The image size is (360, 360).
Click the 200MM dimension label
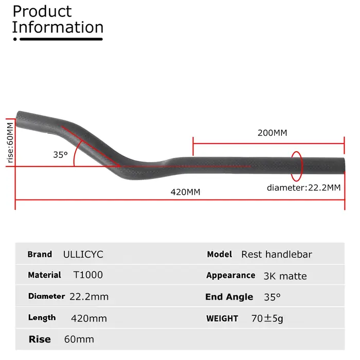pyautogui.click(x=272, y=133)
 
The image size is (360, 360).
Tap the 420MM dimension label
pyautogui.click(x=185, y=192)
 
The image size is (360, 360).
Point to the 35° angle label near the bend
pyautogui.click(x=60, y=155)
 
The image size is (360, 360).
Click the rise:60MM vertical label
pyautogui.click(x=10, y=142)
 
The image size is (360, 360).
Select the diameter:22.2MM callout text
pyautogui.click(x=303, y=188)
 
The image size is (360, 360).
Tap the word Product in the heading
pyautogui.click(x=42, y=11)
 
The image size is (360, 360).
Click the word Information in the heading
pyautogui.click(x=58, y=27)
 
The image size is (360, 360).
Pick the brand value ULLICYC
pyautogui.click(x=83, y=255)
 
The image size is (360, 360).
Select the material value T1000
pyautogui.click(x=88, y=275)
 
